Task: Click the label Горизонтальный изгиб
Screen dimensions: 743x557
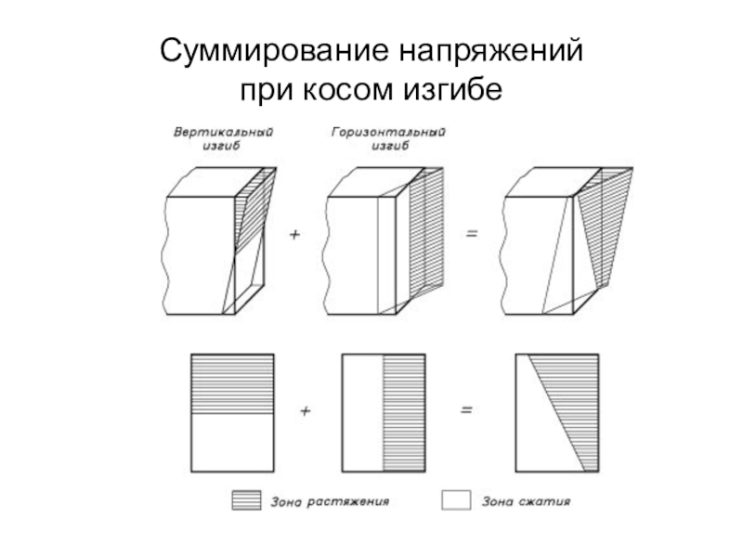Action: click(388, 138)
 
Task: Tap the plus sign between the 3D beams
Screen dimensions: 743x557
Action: click(295, 236)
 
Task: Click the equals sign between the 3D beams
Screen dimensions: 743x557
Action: click(472, 236)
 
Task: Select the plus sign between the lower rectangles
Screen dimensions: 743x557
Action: click(305, 408)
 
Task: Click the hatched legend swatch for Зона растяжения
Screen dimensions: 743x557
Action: click(246, 502)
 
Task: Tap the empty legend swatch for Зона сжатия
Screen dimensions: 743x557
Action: click(456, 502)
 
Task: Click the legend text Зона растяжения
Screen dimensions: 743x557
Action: click(330, 502)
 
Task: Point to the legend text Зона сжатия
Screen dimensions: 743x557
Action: click(526, 502)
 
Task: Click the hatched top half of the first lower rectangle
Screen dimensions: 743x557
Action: click(231, 383)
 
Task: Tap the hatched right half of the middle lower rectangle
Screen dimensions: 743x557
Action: click(403, 412)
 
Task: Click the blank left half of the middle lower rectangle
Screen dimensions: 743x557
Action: click(362, 412)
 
